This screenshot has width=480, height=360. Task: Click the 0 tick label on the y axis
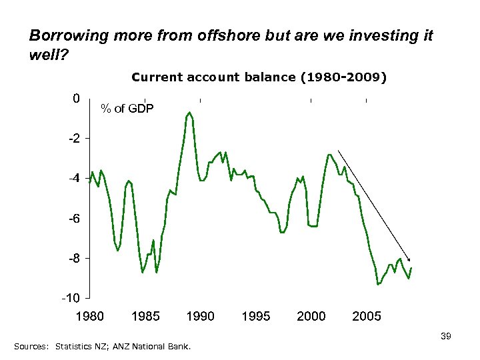tap(76, 99)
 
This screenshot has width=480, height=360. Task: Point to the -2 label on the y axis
tap(73, 139)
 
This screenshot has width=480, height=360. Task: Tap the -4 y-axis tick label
tap(73, 179)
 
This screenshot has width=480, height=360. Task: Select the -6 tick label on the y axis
tap(73, 219)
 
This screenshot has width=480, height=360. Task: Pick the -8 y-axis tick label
tap(73, 258)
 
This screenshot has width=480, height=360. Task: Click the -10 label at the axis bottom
tap(70, 297)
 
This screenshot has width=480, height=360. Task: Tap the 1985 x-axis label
tap(145, 316)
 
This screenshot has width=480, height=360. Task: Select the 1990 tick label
tap(200, 316)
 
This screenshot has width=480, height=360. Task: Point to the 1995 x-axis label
tap(255, 316)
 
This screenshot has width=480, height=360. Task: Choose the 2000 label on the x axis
tap(311, 316)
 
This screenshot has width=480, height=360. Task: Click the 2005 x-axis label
tap(367, 316)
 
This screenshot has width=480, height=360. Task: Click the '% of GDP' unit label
tap(126, 108)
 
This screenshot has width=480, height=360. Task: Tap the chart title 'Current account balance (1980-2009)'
tap(259, 77)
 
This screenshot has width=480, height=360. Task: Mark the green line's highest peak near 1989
tap(190, 113)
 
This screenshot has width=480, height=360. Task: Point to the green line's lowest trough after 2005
tap(378, 284)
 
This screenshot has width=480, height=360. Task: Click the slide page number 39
tap(446, 337)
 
